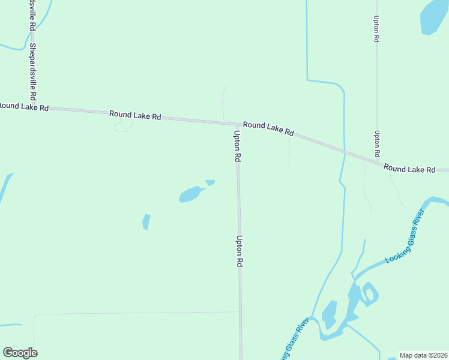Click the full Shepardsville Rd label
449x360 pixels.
coord(33,72)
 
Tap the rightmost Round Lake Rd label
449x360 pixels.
coord(409,169)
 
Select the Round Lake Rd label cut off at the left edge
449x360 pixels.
coord(23,106)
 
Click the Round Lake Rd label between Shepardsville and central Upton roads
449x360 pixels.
coord(135,115)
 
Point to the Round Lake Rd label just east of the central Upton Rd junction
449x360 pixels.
coord(268,128)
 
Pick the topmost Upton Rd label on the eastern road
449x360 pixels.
coord(376,29)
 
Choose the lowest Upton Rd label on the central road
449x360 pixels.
coord(239,251)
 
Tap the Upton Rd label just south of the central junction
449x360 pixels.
coord(238,146)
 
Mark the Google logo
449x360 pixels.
coord(20,353)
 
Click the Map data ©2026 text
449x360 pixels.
coord(424,355)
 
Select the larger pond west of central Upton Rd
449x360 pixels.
coord(191,194)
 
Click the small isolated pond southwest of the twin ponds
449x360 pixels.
coord(146,222)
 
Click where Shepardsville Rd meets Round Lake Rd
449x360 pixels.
coord(34,107)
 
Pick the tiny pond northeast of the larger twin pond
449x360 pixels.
coord(210,182)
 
